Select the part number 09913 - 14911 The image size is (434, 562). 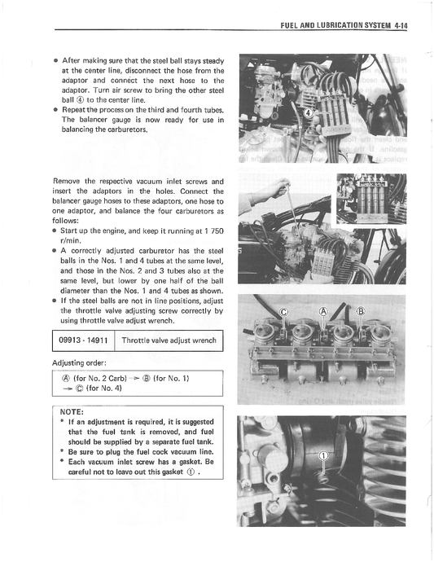coord(85,339)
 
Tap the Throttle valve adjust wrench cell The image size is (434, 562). coord(169,339)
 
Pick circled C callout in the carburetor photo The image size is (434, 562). coord(284,313)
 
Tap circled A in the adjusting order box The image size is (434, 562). coord(65,379)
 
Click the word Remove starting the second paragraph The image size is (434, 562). coord(68,180)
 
